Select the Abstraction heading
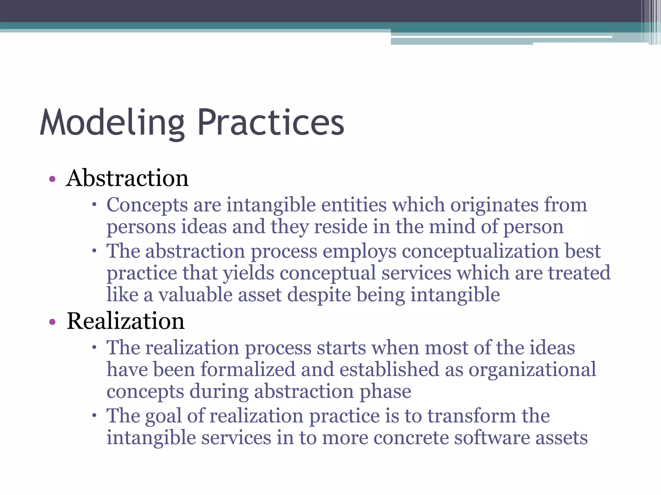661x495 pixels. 127,178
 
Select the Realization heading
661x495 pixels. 126,321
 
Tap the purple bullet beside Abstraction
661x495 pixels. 52,179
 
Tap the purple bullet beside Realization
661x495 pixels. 52,322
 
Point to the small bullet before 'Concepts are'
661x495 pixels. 94,204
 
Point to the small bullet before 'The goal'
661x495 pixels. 94,415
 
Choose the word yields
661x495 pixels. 249,273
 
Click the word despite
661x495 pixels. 319,295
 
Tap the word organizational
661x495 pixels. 532,370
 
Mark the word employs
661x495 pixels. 360,251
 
